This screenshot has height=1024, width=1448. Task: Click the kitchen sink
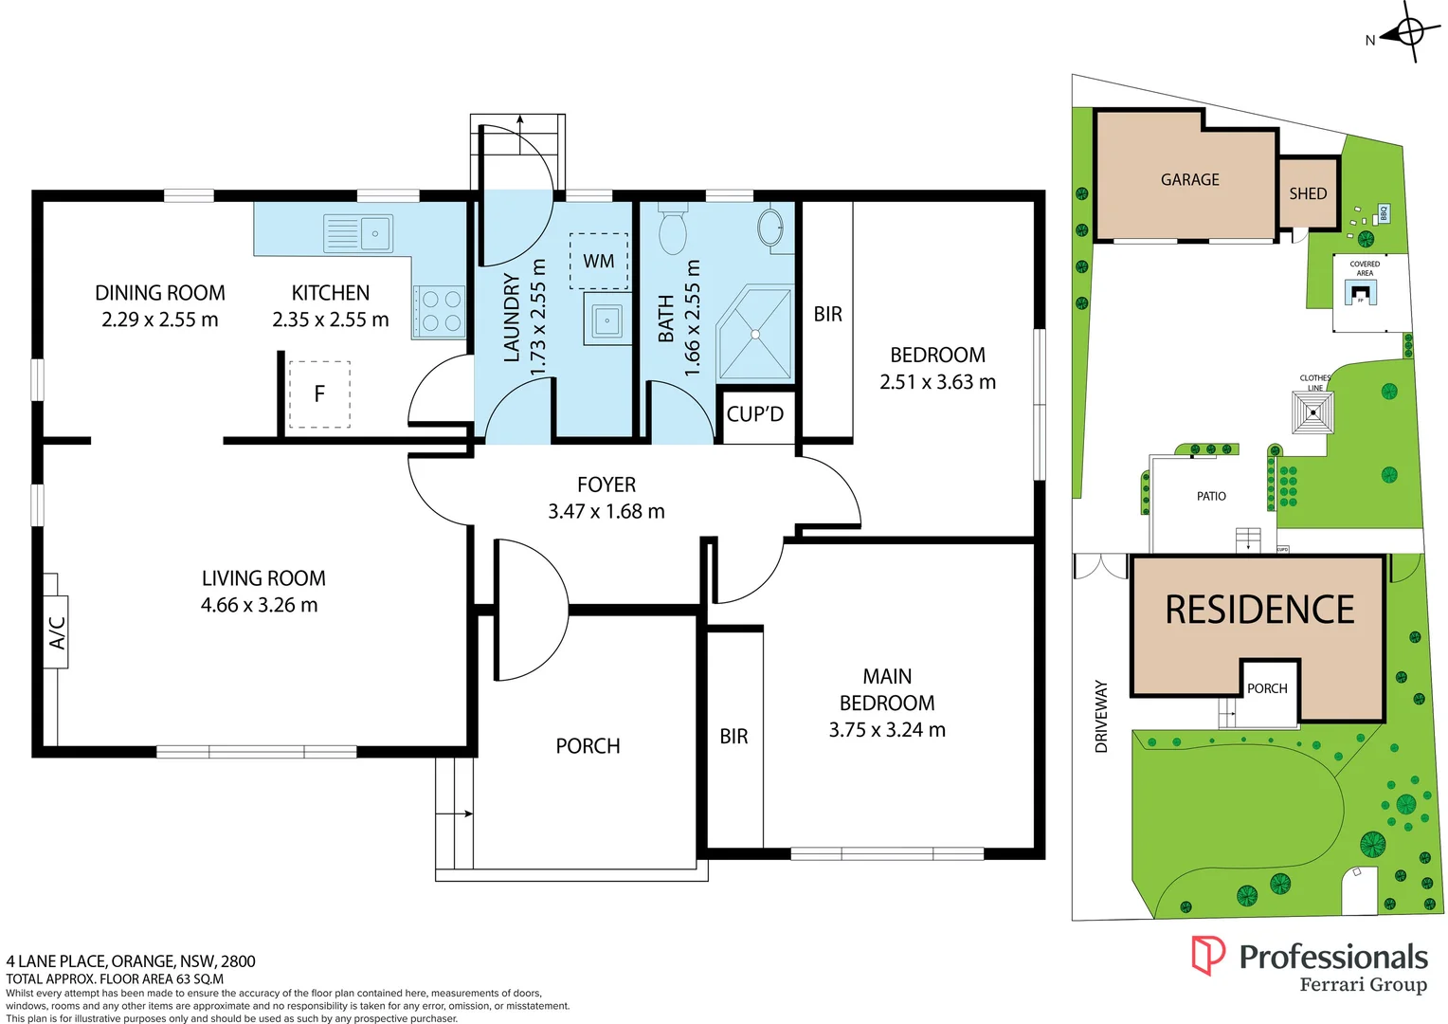coord(358,233)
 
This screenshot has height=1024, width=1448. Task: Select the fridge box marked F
coord(319,393)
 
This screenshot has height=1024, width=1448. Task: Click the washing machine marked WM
coord(598,261)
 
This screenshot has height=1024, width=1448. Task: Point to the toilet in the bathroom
coord(672,230)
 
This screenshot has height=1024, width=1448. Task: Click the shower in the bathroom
coord(754,334)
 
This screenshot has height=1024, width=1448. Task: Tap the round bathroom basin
coord(769,228)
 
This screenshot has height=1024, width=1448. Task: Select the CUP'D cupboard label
coord(755,414)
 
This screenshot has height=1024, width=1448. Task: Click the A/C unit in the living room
coord(56,632)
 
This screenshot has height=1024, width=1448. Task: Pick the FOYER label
coord(606,485)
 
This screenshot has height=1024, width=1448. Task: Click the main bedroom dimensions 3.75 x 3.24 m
coord(887,730)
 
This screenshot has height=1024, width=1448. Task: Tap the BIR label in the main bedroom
coord(733,737)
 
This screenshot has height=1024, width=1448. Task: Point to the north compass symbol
coord(1408,32)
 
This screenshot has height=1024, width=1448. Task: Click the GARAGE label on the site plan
coord(1190,180)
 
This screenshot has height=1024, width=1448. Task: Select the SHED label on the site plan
coord(1308,193)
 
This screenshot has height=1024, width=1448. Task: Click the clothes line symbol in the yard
coord(1312,412)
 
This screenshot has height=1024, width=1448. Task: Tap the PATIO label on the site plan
coord(1211,496)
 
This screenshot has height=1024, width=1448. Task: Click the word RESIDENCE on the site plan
coord(1259,610)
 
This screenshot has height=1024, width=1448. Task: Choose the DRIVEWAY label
coord(1101,716)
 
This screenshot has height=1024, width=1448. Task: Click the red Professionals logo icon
coord(1208,955)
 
